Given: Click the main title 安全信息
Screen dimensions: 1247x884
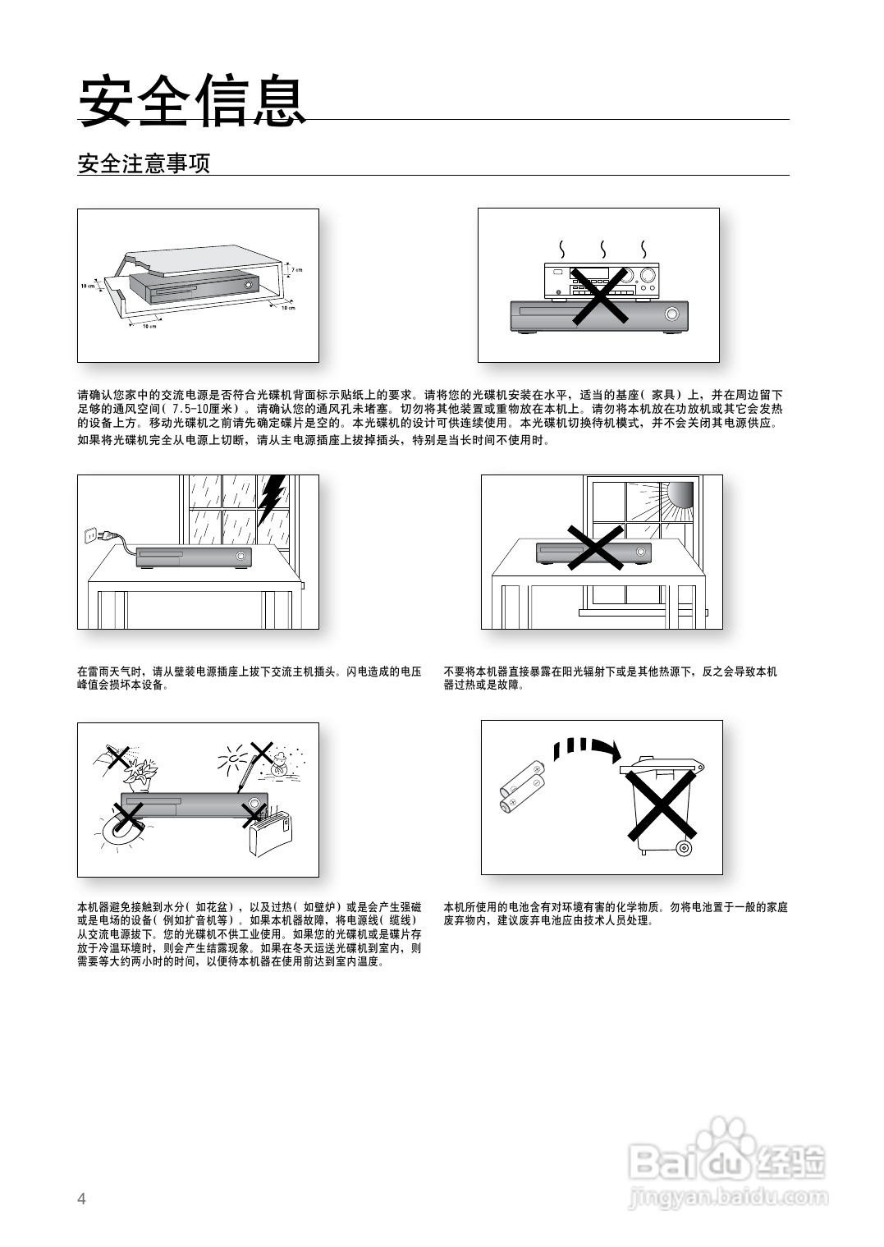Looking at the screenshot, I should click(191, 102).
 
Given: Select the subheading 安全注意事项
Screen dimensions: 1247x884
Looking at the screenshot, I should click(144, 163).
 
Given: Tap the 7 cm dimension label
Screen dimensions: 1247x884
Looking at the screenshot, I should click(297, 269).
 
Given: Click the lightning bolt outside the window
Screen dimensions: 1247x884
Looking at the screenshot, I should click(272, 502).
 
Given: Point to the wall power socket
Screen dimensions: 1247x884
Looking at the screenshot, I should click(89, 536).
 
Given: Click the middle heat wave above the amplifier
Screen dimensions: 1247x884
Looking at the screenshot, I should click(602, 248).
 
